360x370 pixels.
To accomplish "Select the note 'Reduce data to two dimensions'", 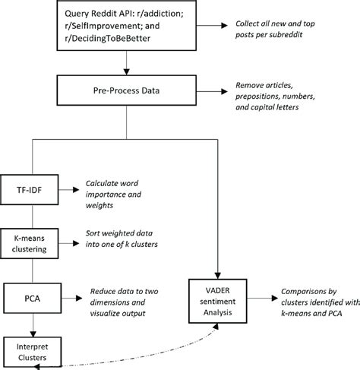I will pos(134,297).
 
